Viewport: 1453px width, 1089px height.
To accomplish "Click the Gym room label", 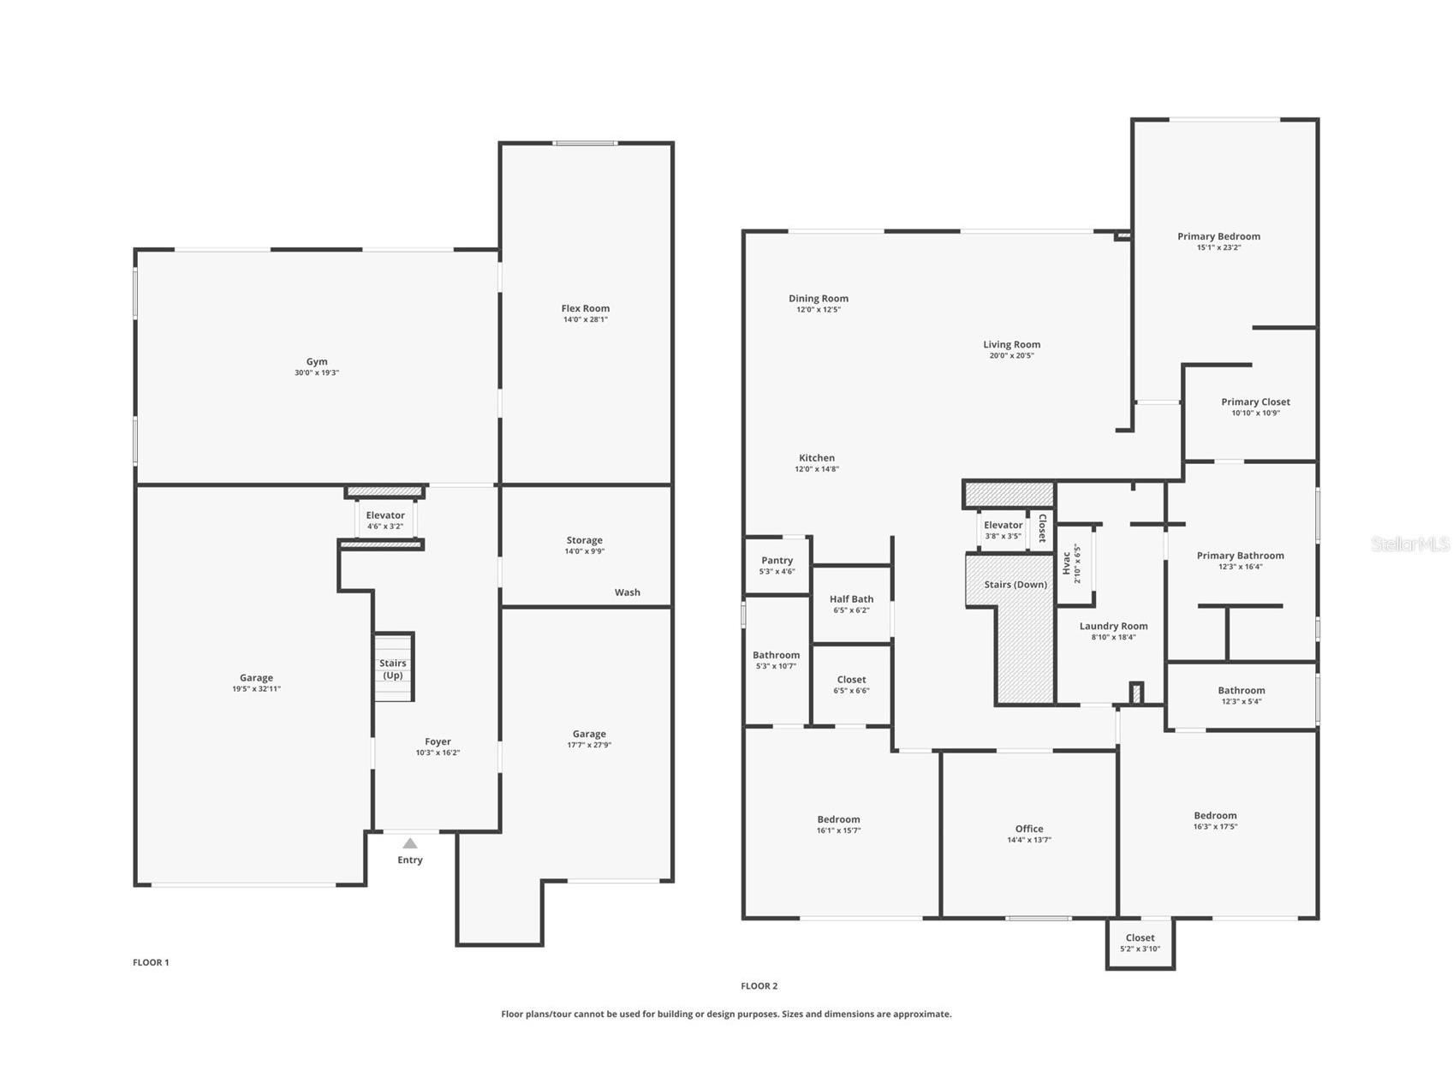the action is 317,361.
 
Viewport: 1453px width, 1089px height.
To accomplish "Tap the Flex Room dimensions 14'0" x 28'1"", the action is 586,319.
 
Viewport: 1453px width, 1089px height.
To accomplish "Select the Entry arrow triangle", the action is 410,843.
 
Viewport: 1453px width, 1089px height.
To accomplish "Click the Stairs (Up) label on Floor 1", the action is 393,669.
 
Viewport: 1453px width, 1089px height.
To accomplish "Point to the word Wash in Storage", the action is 627,592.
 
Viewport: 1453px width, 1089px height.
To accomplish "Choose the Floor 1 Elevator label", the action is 385,515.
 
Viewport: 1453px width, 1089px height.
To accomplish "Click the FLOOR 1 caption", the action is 151,962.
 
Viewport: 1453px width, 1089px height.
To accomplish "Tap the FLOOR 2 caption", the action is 759,985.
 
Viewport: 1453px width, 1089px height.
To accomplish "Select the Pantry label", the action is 777,560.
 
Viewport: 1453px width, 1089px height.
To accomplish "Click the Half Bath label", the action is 851,599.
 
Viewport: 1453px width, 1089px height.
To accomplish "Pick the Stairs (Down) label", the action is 1015,585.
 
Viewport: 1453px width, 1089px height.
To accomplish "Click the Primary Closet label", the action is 1255,402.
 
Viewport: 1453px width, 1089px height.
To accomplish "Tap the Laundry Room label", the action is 1113,626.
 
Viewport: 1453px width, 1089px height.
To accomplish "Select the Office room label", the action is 1029,829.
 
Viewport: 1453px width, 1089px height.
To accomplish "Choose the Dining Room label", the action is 819,299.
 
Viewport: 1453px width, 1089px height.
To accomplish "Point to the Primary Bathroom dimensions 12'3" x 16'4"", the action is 1240,567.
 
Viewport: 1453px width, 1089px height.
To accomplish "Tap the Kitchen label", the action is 817,458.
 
